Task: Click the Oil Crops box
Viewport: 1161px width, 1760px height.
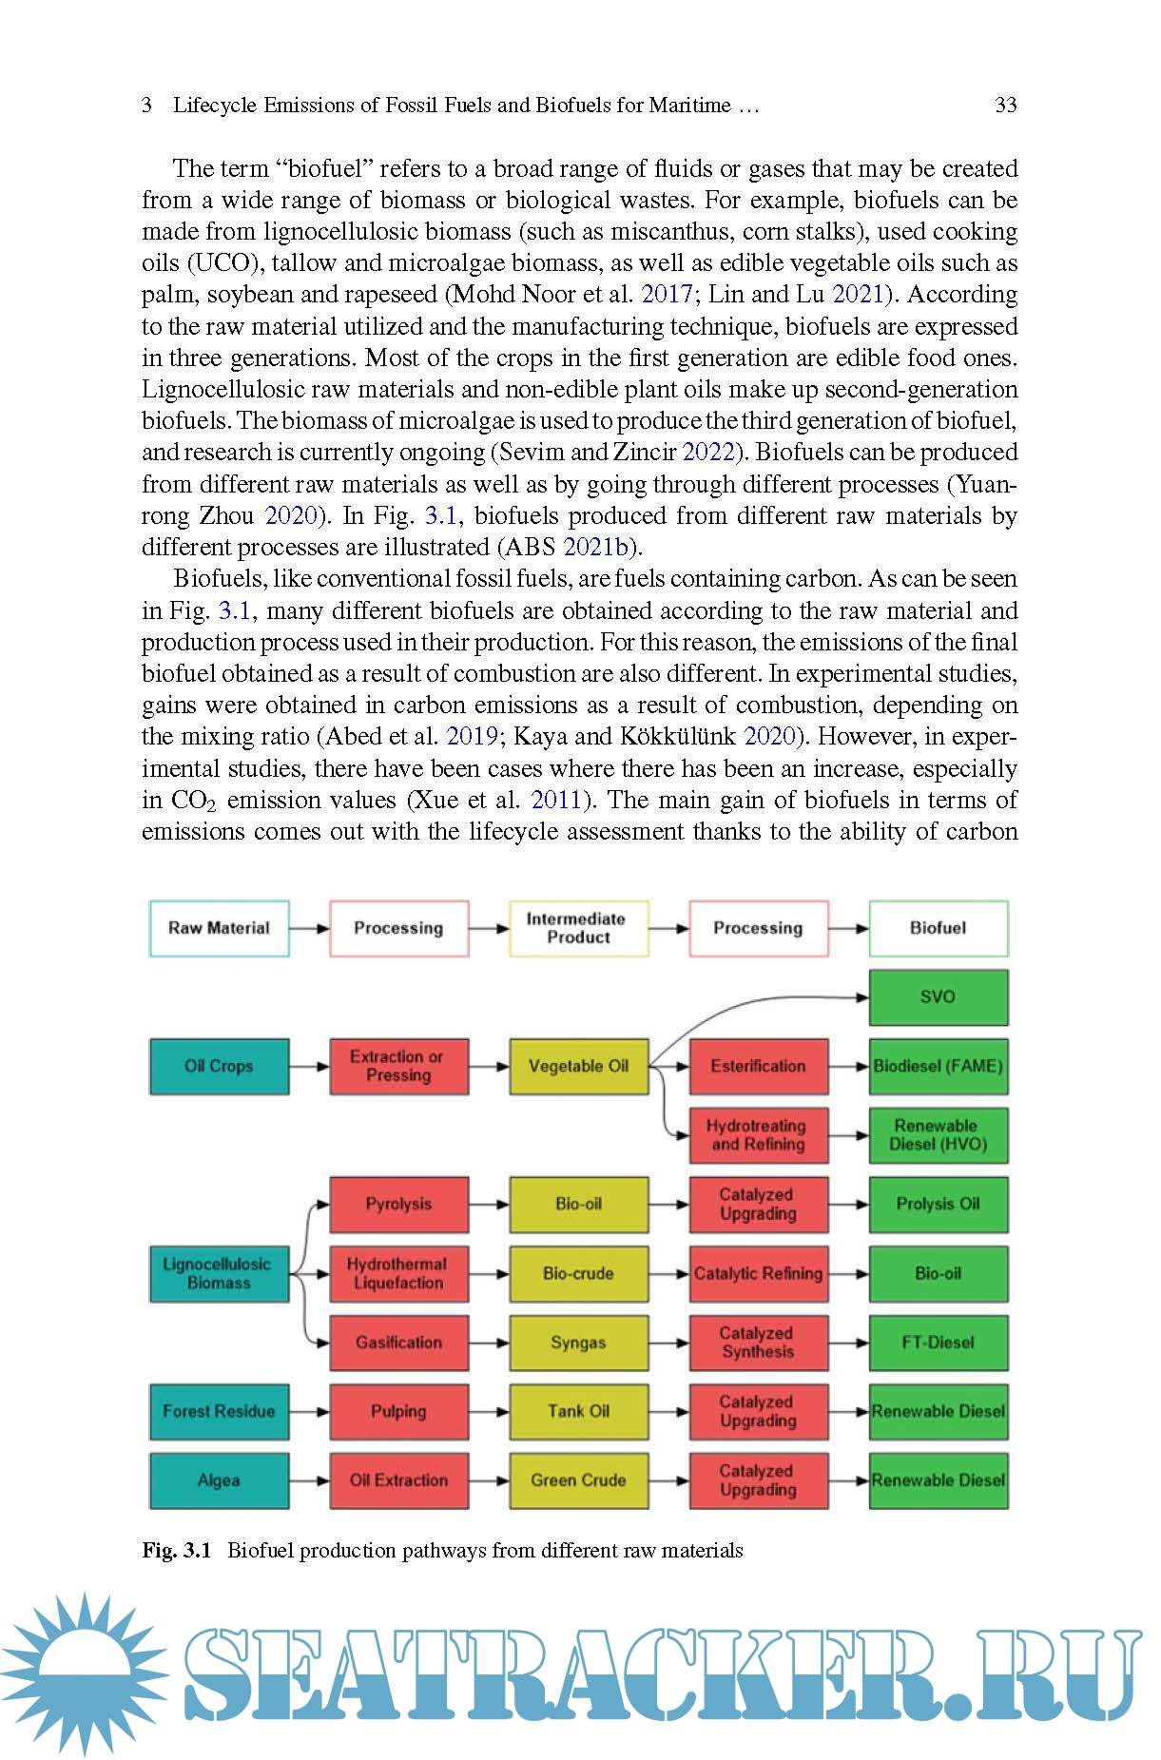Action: coord(219,1066)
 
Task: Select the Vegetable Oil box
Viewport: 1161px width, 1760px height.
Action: coord(578,1066)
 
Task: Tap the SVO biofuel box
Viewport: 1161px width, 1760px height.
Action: coord(938,996)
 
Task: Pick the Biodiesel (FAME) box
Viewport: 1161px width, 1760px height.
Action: coord(938,1066)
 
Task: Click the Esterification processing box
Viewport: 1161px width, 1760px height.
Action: coord(758,1066)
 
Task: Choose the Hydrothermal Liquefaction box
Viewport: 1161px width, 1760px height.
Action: coord(398,1273)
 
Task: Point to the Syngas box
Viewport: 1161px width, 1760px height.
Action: coord(578,1343)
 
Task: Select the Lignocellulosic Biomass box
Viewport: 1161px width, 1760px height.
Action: coord(219,1273)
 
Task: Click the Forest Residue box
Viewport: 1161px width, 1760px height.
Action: coord(219,1411)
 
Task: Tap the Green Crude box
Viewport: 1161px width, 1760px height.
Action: coord(578,1480)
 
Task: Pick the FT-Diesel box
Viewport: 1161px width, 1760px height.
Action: coord(938,1343)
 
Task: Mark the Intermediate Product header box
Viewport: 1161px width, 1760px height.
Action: coord(578,928)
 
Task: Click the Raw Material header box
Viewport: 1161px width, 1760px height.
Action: coord(219,928)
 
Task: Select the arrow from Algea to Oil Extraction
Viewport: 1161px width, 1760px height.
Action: coord(309,1480)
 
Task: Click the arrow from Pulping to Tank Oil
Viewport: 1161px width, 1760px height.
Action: coord(489,1411)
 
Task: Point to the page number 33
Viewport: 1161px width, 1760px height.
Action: coord(1006,105)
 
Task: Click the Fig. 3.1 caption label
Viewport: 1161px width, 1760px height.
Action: coord(177,1550)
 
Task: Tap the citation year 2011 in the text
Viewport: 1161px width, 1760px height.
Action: coord(555,800)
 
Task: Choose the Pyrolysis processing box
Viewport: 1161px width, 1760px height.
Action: coord(398,1204)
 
